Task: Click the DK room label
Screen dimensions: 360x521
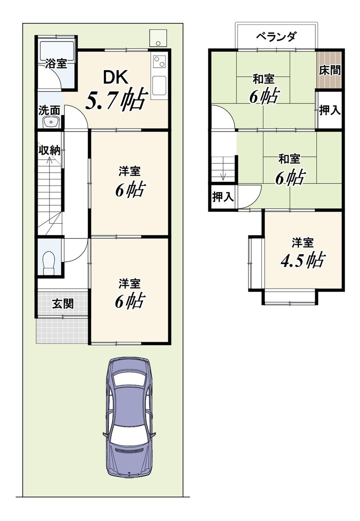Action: [115, 77]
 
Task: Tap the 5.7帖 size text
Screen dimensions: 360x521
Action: [117, 99]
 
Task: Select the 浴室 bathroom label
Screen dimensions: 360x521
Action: [56, 63]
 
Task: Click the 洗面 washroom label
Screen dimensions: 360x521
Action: [49, 110]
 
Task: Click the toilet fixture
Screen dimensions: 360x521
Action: [49, 263]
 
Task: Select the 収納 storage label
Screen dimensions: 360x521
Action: [50, 151]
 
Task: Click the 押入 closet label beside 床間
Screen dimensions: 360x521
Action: [330, 110]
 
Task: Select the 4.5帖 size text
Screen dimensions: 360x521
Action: [302, 260]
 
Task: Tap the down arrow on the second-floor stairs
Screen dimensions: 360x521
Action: [223, 174]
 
